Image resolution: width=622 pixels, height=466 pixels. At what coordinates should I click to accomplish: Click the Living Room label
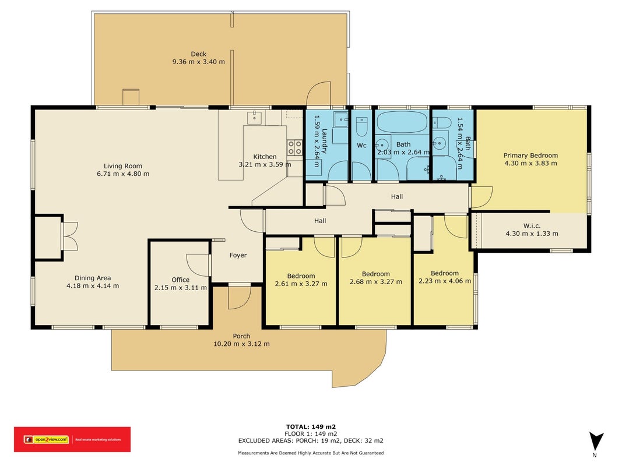pyautogui.click(x=123, y=166)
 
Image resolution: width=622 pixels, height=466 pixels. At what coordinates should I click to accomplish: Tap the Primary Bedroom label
pyautogui.click(x=530, y=156)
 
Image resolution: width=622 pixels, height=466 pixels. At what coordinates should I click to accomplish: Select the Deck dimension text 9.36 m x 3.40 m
pyautogui.click(x=199, y=62)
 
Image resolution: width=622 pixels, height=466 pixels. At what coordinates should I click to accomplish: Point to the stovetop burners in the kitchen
pyautogui.click(x=295, y=147)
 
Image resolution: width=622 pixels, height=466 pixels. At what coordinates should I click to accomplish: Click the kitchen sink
pyautogui.click(x=254, y=117)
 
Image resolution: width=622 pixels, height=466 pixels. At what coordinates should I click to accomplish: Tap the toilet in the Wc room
pyautogui.click(x=362, y=126)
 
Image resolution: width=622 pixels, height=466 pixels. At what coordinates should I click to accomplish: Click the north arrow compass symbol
pyautogui.click(x=596, y=441)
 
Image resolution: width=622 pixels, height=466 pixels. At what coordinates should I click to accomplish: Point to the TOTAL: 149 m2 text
pyautogui.click(x=311, y=427)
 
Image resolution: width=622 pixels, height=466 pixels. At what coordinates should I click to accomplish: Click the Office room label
pyautogui.click(x=181, y=280)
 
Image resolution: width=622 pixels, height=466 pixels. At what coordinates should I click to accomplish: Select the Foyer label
pyautogui.click(x=238, y=255)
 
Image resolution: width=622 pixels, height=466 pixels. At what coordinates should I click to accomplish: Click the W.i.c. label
pyautogui.click(x=532, y=226)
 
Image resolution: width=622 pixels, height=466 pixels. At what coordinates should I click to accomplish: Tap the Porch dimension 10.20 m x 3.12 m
pyautogui.click(x=241, y=344)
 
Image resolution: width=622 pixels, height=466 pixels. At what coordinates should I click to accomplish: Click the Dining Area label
pyautogui.click(x=93, y=278)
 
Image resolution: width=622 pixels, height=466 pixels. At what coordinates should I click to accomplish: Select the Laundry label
pyautogui.click(x=324, y=140)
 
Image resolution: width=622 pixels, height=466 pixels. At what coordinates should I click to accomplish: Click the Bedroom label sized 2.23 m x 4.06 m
pyautogui.click(x=445, y=273)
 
